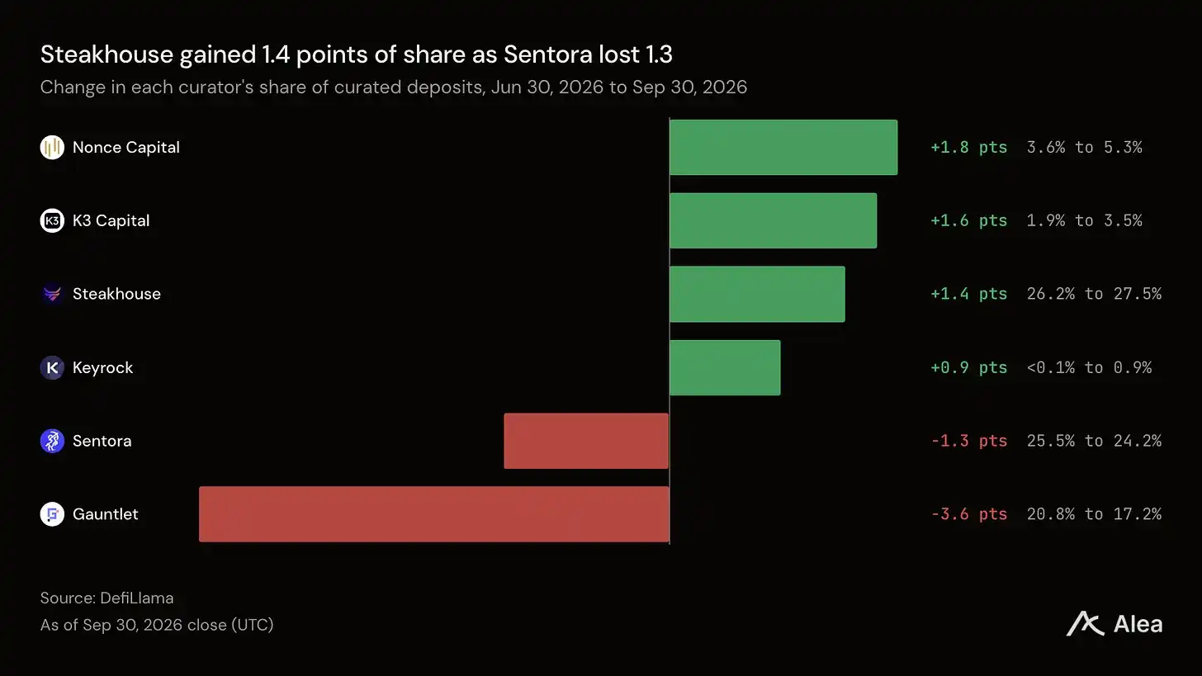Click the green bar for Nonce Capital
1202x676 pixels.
[783, 147]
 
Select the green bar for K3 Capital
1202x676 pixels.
[774, 220]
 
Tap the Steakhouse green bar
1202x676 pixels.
[757, 294]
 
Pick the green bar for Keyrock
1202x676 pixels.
[725, 367]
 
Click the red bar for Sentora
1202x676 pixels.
[586, 441]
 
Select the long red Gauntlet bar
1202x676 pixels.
[434, 514]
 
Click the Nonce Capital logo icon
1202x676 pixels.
[52, 147]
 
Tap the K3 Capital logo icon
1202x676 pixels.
[52, 220]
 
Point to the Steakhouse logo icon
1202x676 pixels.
[52, 294]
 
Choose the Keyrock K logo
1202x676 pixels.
[52, 367]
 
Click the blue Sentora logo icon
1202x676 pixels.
[52, 441]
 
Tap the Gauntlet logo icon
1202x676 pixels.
[52, 514]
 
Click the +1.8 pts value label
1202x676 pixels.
[968, 147]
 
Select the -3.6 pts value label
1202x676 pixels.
[968, 514]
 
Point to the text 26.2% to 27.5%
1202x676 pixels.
[1094, 294]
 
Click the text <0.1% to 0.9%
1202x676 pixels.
[1090, 367]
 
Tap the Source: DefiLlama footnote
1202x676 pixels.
[106, 598]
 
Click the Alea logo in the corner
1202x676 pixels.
[1114, 624]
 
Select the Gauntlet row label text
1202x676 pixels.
[105, 514]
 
